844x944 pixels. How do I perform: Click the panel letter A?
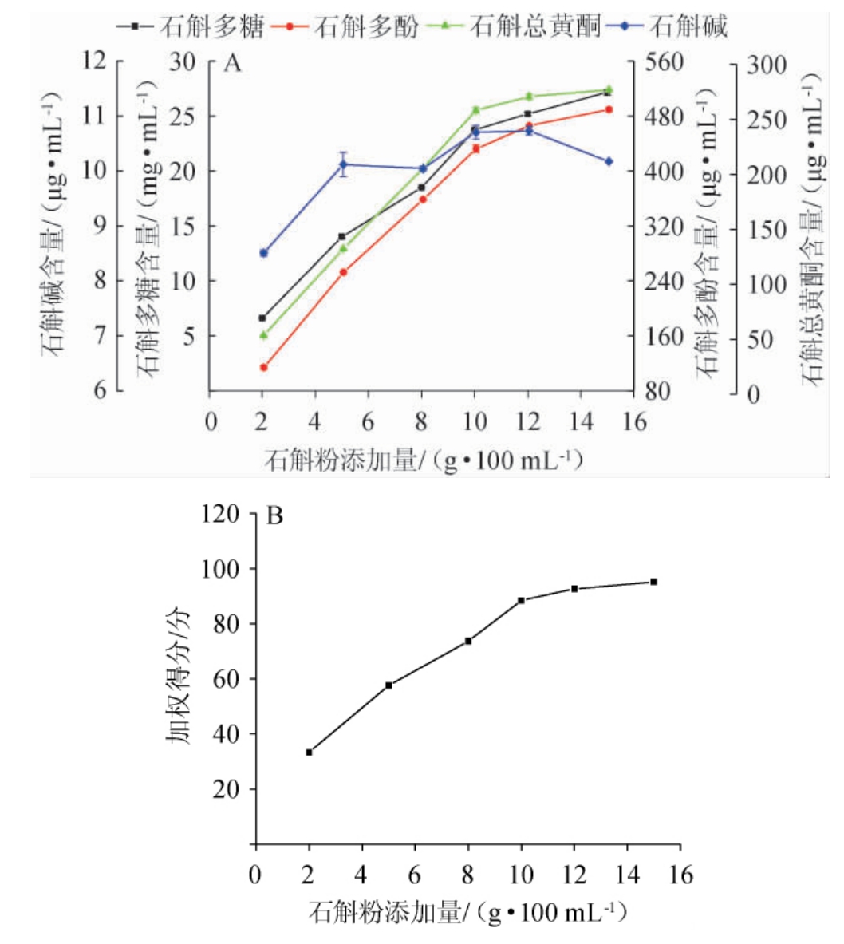click(232, 64)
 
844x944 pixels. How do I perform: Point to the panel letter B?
click(274, 516)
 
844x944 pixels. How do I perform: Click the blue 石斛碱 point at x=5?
click(343, 164)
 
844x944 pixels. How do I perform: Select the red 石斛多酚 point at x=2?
click(263, 367)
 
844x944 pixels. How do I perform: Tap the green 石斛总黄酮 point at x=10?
click(475, 110)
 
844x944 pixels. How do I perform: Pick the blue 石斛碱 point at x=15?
click(609, 161)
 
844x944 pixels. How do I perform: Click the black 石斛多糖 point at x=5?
click(342, 236)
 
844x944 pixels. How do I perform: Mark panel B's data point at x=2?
click(309, 752)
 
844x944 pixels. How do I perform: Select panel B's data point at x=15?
click(653, 582)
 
